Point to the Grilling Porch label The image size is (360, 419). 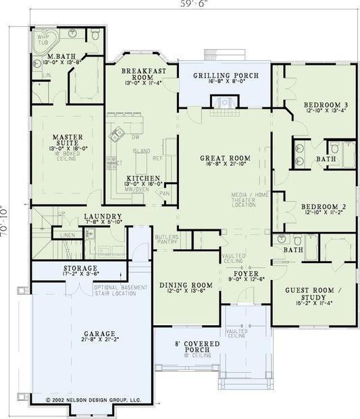[225, 76]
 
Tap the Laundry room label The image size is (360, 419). [103, 217]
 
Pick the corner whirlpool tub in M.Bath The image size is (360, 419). [46, 41]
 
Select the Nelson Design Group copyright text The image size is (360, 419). [93, 399]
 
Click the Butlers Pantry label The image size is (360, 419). [167, 240]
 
